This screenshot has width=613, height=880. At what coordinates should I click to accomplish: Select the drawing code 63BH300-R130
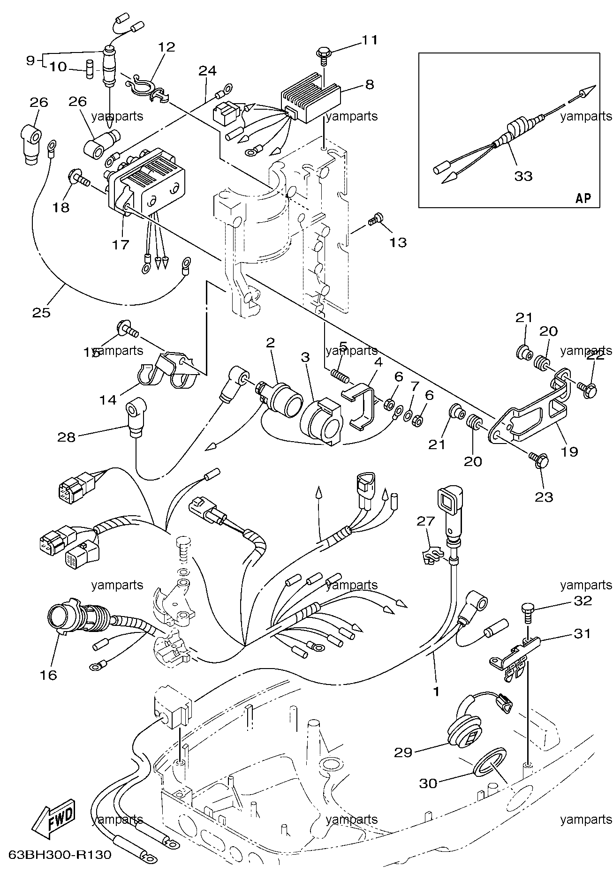point(60,855)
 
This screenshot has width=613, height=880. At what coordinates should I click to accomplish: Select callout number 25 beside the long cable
point(41,312)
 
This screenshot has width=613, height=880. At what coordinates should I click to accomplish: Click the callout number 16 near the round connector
point(48,675)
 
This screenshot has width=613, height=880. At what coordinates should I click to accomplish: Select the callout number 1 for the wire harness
point(436,691)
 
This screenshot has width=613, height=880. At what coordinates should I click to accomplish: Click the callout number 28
point(66,437)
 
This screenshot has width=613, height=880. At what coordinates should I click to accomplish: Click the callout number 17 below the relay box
point(121,244)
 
